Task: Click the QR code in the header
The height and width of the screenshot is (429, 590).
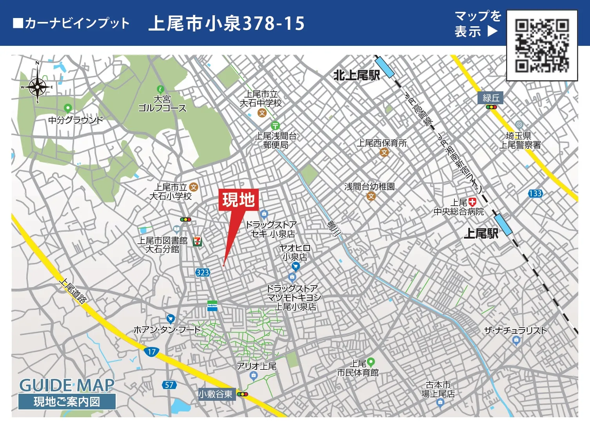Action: click(542, 45)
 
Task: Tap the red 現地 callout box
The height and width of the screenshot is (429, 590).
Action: click(238, 200)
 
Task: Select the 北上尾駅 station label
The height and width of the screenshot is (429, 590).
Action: click(356, 75)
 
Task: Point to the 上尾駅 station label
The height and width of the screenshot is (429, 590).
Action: click(481, 234)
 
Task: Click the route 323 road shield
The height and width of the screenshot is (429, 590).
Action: click(203, 272)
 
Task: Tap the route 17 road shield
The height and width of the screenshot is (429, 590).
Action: click(152, 351)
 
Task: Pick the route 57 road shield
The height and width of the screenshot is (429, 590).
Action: click(169, 385)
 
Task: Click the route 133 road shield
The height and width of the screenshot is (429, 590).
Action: click(535, 193)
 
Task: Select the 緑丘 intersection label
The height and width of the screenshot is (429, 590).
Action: click(490, 98)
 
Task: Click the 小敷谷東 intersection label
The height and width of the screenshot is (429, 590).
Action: click(215, 394)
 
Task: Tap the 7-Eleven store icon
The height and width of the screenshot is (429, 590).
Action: click(198, 241)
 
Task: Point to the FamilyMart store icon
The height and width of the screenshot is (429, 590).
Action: click(212, 306)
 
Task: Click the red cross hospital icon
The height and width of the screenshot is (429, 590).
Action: click(472, 202)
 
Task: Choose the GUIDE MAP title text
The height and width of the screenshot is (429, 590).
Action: click(67, 385)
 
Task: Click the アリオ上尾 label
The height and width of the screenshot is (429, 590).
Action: click(257, 366)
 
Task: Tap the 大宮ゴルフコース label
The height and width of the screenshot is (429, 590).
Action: click(162, 104)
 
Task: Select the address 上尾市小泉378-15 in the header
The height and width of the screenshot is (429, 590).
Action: click(227, 24)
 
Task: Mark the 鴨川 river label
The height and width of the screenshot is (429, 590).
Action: click(334, 228)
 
